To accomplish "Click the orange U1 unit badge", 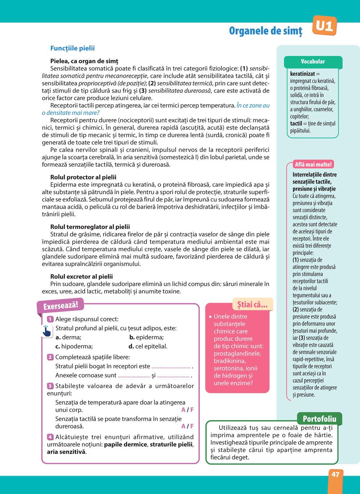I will pyautogui.click(x=324, y=26).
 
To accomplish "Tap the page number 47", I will pyautogui.click(x=335, y=475).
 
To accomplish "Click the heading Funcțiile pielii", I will pyautogui.click(x=72, y=48).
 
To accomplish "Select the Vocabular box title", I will pyautogui.click(x=313, y=62).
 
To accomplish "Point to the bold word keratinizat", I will pyautogui.click(x=302, y=74).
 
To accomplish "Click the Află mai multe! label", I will pyautogui.click(x=313, y=164).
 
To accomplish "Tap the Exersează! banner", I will pyautogui.click(x=60, y=306).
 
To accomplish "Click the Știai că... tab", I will pyautogui.click(x=252, y=305).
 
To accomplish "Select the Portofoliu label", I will pyautogui.click(x=319, y=419).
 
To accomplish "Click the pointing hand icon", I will pyautogui.click(x=46, y=331).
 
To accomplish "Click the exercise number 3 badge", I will pyautogui.click(x=50, y=386).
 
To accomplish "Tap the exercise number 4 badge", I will pyautogui.click(x=50, y=437).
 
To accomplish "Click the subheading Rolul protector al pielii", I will pyautogui.click(x=83, y=177).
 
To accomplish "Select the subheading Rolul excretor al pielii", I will pyautogui.click(x=81, y=276).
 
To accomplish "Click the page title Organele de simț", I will pyautogui.click(x=265, y=31).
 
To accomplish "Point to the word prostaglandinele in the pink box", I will pyautogui.click(x=238, y=353).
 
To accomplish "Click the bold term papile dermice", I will pyautogui.click(x=125, y=444).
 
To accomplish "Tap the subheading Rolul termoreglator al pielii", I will pyautogui.click(x=90, y=227).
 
